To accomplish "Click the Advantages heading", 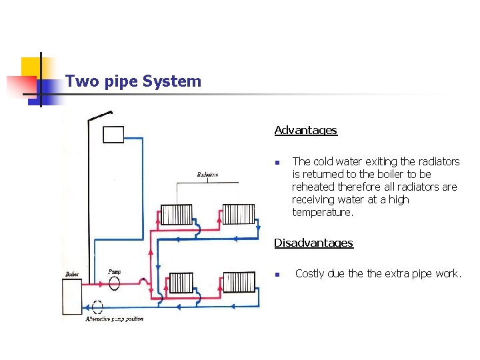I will [x=305, y=130].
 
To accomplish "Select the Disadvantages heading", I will [x=313, y=243].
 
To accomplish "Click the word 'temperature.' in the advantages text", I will [x=323, y=212].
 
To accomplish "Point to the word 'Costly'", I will [x=312, y=273].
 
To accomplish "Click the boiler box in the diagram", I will [x=71, y=297].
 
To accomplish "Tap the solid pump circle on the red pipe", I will [x=114, y=283].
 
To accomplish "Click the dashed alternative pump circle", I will [x=97, y=307].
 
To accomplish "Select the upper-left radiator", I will [x=177, y=214].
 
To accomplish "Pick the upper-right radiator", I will [x=239, y=214].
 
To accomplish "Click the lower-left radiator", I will [x=181, y=283].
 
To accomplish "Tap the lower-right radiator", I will [x=239, y=281].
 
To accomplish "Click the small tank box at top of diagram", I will [x=113, y=134].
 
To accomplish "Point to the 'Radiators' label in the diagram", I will [x=207, y=175].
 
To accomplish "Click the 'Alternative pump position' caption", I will [x=114, y=319].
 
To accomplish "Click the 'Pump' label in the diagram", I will [x=114, y=271].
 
